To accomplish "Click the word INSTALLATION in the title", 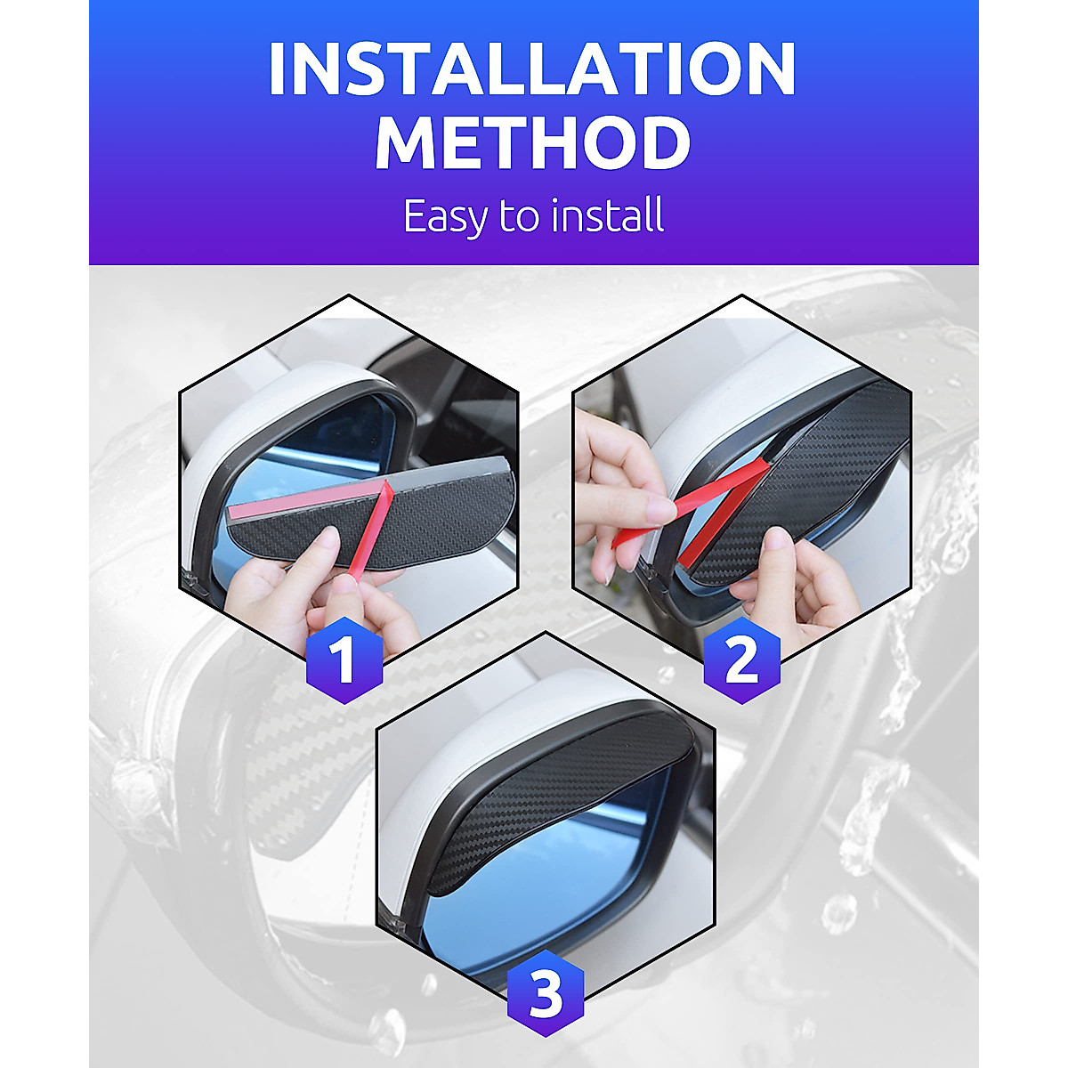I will click(532, 69).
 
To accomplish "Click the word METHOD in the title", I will click(532, 142).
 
